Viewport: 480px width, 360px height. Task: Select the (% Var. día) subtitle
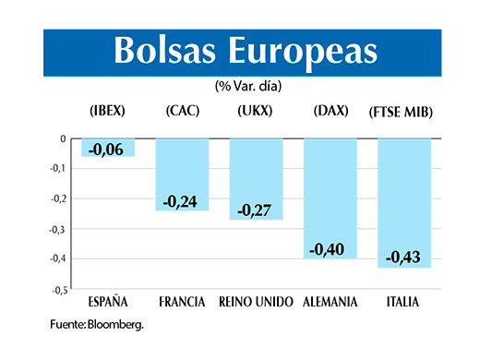[x=248, y=86]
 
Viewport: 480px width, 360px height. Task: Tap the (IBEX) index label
[x=107, y=113]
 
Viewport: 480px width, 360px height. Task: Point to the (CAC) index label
[x=182, y=113]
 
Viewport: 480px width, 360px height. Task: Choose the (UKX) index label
[x=254, y=113]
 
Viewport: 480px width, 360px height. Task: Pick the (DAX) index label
[x=330, y=113]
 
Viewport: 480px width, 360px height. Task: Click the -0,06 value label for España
[x=108, y=149]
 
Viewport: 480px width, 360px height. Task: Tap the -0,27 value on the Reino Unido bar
[x=256, y=210]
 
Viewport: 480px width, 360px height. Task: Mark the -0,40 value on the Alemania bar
[x=330, y=248]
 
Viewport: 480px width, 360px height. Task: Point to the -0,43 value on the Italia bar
[x=404, y=258]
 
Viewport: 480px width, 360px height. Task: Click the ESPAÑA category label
[x=107, y=302]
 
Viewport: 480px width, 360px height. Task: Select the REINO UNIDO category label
[x=257, y=302]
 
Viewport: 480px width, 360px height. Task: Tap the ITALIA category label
[x=404, y=302]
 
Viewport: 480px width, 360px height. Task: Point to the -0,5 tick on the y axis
[x=57, y=290]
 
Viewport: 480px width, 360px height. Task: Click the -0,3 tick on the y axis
[x=57, y=229]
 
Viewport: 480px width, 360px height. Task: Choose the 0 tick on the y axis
[x=62, y=139]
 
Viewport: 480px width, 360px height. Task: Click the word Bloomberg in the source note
[x=118, y=325]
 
